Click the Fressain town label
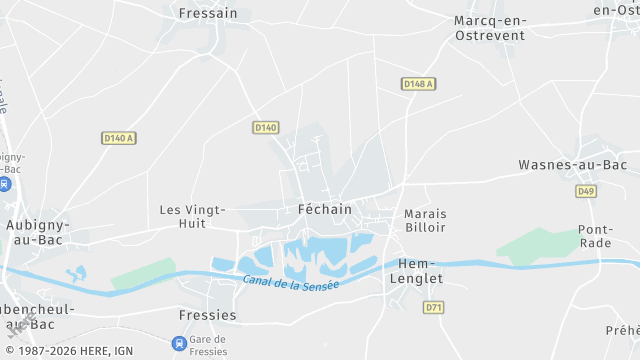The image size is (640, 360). point(208,13)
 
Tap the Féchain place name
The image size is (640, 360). point(325,209)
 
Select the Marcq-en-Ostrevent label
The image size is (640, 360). point(488,27)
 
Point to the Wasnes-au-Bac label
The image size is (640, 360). point(572,164)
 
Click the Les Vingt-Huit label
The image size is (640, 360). point(193,217)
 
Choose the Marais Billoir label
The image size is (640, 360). point(425,221)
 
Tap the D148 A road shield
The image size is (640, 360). point(418,84)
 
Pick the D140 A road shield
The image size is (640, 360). point(119,138)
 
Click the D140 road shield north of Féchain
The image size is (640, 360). point(265,127)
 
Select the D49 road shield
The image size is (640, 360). point(586,190)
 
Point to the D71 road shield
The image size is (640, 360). point(433,307)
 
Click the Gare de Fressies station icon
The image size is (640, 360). point(179,344)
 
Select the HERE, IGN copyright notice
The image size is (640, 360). point(74,352)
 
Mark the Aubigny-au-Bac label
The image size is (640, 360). point(35,232)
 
